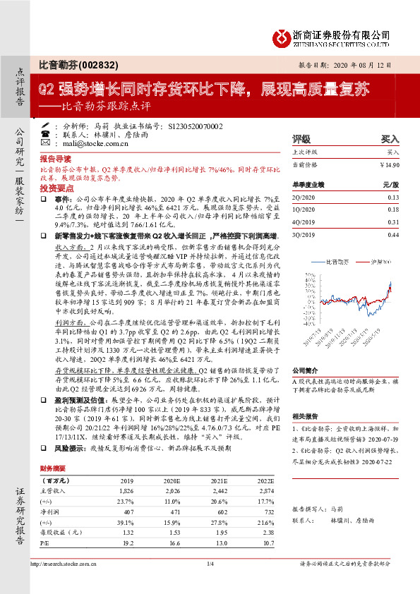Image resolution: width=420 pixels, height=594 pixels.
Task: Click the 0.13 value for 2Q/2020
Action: [392, 197]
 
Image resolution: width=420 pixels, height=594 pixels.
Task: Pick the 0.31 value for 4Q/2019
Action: [392, 222]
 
